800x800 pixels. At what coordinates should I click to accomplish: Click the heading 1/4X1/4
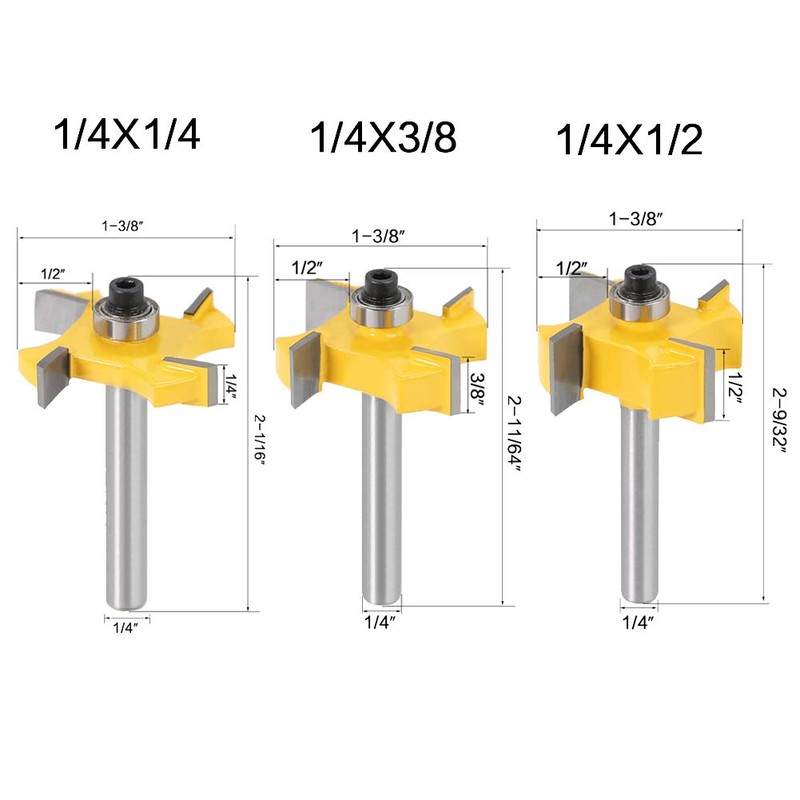pos(127,134)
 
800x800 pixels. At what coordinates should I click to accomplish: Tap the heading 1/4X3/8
pos(383,138)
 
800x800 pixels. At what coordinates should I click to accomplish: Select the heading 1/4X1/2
pos(629,140)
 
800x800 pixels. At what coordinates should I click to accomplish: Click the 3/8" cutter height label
pos(477,388)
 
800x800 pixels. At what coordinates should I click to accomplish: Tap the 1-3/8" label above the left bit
pos(122,226)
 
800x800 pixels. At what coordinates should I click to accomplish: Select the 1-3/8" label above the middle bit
pos(379,236)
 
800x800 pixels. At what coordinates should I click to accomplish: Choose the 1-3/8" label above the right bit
pos(636,219)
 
